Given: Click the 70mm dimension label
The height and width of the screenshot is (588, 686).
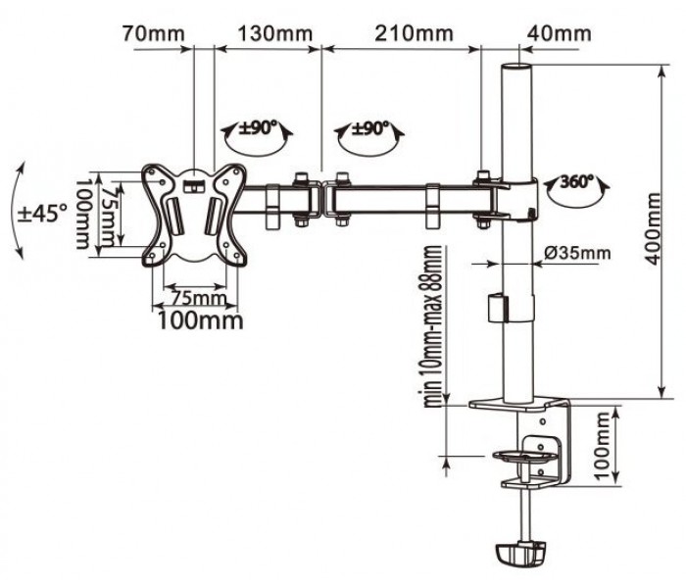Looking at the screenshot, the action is [x=153, y=33].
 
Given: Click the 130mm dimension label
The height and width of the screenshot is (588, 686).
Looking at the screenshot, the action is [x=275, y=33].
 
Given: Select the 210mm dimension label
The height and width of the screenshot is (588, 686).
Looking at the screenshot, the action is [x=414, y=33].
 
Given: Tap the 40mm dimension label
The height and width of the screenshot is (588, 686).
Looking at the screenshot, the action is [x=560, y=33].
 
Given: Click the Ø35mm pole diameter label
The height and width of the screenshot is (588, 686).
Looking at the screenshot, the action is [x=577, y=253].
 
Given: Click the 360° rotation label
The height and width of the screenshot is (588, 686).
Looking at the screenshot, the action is [x=576, y=181].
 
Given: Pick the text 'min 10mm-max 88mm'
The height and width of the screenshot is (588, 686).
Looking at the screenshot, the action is [x=433, y=326].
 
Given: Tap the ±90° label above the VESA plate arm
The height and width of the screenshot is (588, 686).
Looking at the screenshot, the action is [x=258, y=127].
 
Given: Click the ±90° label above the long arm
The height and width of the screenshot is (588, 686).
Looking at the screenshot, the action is [x=370, y=128].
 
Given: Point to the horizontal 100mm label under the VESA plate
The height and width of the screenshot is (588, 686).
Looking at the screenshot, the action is [x=200, y=320].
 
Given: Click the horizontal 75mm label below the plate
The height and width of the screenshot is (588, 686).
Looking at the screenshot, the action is [x=199, y=299].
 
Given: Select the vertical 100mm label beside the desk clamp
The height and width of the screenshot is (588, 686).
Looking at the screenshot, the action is [x=603, y=446].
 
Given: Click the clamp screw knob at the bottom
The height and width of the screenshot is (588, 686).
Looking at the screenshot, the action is [x=521, y=553].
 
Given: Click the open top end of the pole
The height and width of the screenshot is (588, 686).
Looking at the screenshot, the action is [x=516, y=68].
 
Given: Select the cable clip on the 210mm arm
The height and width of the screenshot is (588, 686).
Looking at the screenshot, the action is [x=433, y=206].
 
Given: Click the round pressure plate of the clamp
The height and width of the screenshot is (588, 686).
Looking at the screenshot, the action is [x=525, y=456].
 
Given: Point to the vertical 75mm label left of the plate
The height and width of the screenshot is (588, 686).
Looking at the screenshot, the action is [x=109, y=217].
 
